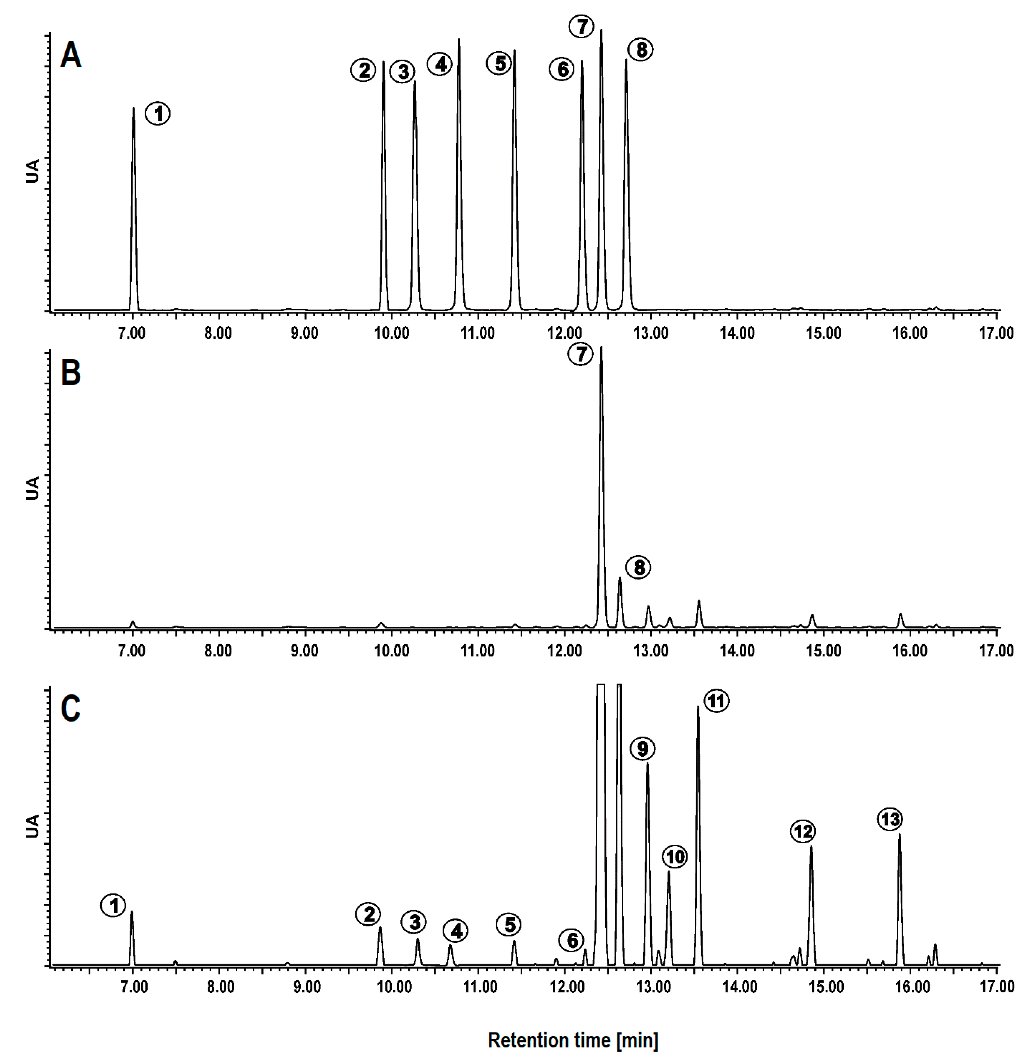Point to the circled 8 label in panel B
click(x=638, y=567)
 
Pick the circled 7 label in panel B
click(x=580, y=354)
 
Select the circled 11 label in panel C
click(x=716, y=701)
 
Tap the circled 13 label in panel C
click(x=890, y=819)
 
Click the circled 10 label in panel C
click(x=675, y=857)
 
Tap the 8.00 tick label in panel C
click(x=221, y=986)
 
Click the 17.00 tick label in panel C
click(x=997, y=986)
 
